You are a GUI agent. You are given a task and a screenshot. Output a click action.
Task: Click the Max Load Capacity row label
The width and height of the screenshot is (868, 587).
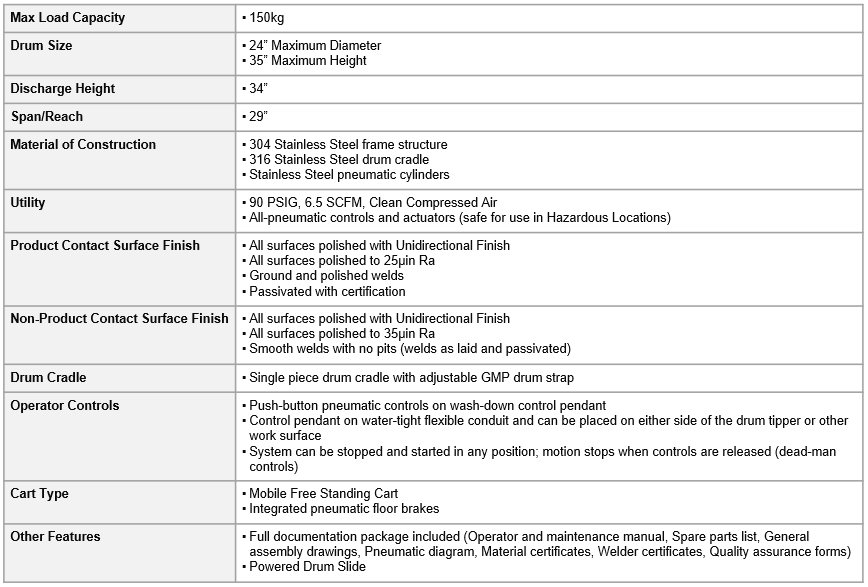coord(67,18)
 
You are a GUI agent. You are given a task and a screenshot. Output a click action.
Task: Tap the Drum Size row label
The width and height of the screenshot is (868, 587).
coord(41,46)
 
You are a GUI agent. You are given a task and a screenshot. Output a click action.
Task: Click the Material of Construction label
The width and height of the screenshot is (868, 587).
coord(83,145)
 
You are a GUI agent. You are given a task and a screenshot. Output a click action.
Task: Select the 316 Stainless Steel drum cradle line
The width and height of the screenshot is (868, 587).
coord(339,160)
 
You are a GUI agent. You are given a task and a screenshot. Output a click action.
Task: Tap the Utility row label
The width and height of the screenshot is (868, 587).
coord(28,203)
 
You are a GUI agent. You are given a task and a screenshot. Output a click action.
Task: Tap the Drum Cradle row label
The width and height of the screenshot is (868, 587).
coord(48,378)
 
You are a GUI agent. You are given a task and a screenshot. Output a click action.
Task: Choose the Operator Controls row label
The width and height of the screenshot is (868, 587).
coord(65,406)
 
